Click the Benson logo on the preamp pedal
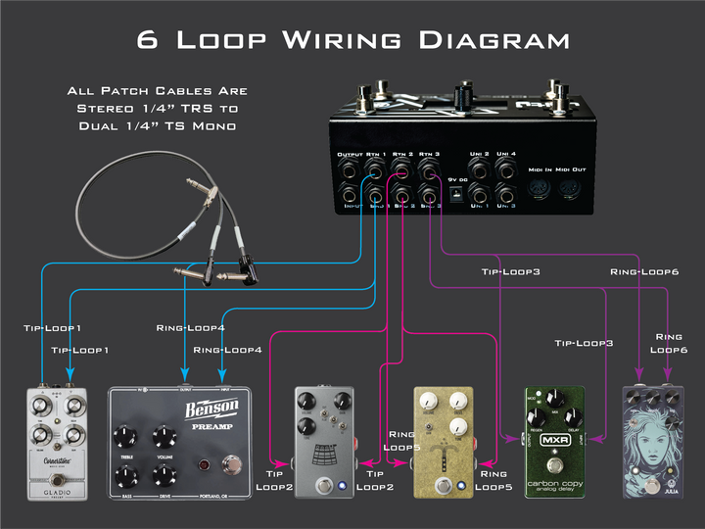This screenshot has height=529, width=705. (x=211, y=409)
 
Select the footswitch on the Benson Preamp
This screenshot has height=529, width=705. (x=233, y=464)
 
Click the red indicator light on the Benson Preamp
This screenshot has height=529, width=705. (x=204, y=464)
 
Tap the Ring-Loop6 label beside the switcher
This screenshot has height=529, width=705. (x=643, y=271)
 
